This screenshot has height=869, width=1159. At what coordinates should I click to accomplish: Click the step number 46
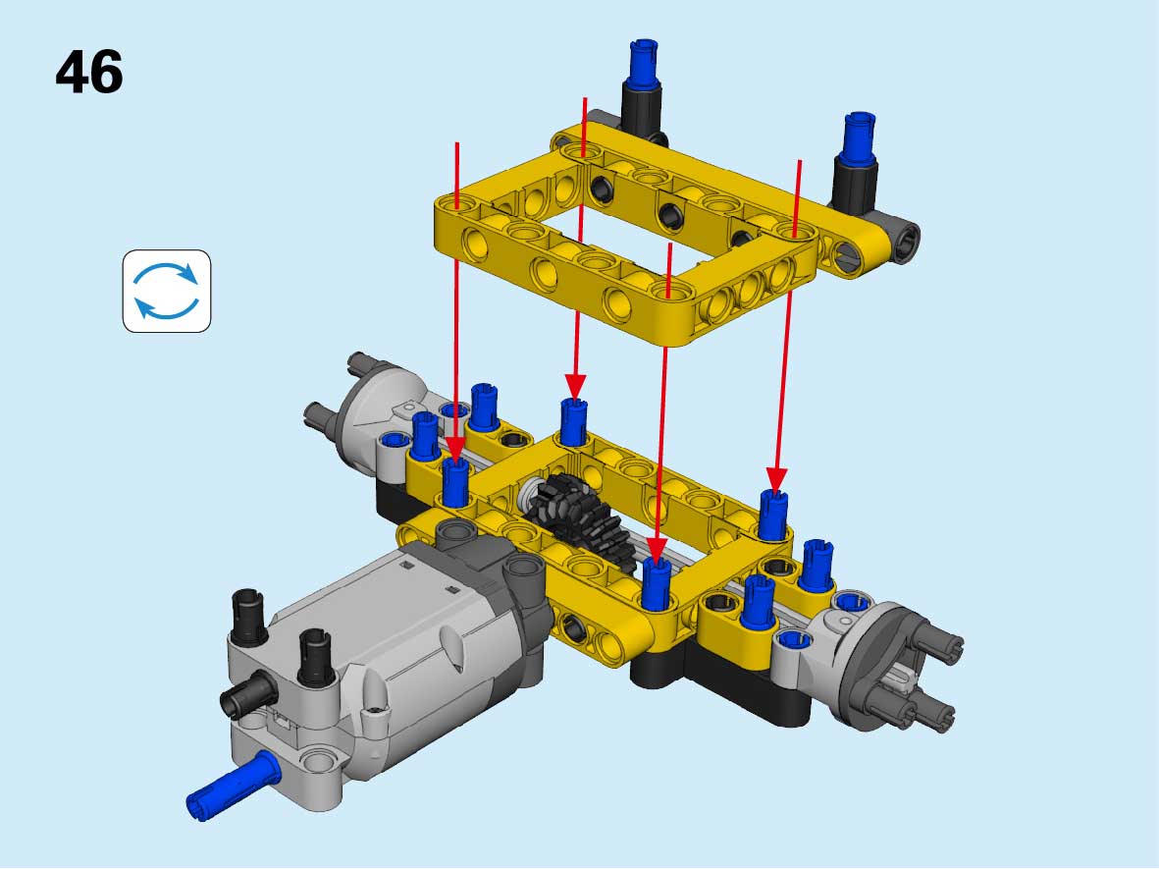pyautogui.click(x=88, y=72)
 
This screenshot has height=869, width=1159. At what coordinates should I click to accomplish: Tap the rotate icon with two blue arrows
pyautogui.click(x=167, y=291)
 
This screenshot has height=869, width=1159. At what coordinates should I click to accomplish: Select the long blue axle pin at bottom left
pyautogui.click(x=233, y=785)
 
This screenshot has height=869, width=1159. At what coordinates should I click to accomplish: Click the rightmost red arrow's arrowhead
pyautogui.click(x=776, y=479)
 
